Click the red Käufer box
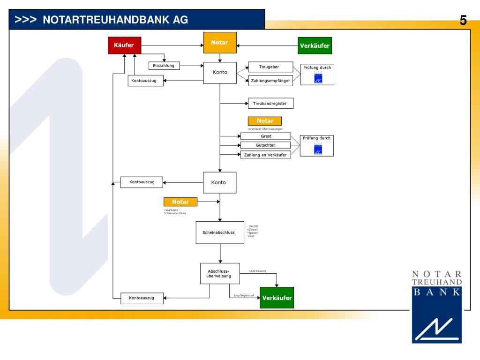tap(124, 45)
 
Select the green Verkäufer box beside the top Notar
tap(315, 45)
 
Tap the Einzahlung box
tap(164, 66)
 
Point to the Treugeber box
tap(270, 67)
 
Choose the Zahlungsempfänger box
tap(270, 81)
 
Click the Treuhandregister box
tap(270, 103)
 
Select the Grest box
tap(266, 136)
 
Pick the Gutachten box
tap(266, 145)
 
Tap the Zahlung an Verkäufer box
tap(266, 155)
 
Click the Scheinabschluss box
tap(220, 232)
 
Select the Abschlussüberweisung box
tap(220, 273)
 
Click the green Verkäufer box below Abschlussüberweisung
tap(277, 298)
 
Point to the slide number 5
tap(463, 20)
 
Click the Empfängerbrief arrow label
tap(244, 295)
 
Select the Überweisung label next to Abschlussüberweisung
tap(258, 271)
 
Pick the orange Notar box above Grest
tap(265, 121)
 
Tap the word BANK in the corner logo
tap(436, 292)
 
